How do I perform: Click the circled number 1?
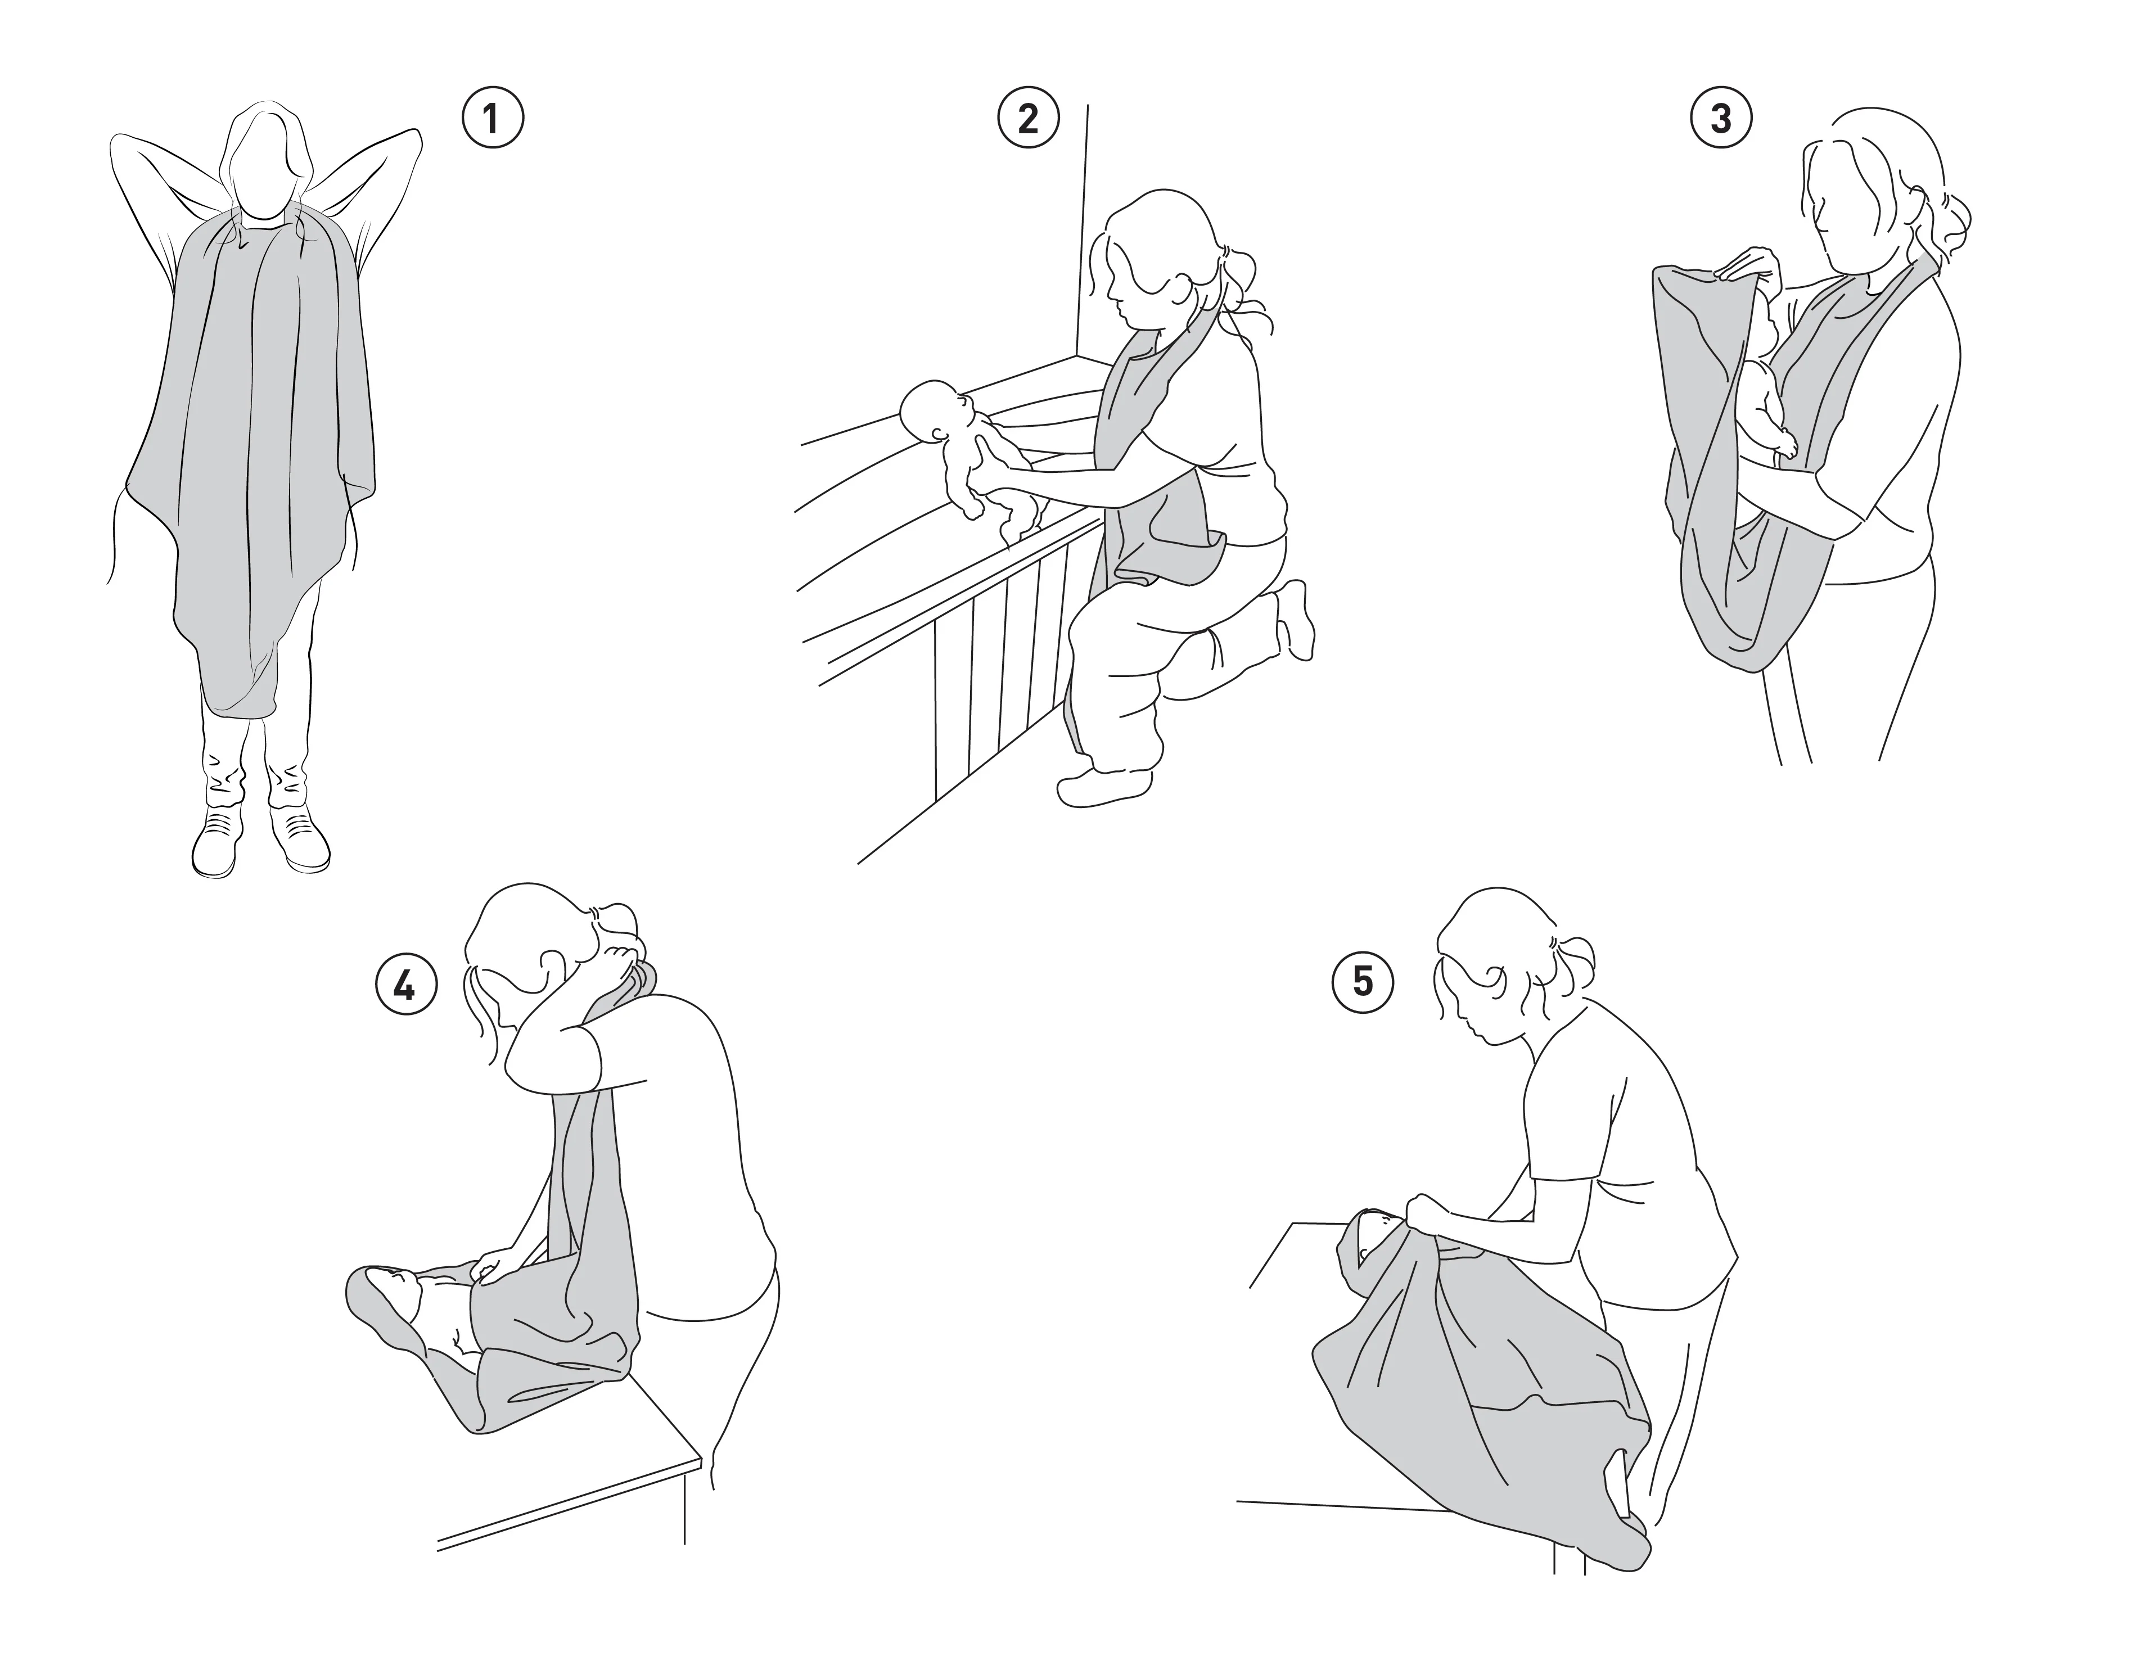[493, 119]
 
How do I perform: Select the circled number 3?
[1720, 119]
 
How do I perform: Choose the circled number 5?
[1362, 982]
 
